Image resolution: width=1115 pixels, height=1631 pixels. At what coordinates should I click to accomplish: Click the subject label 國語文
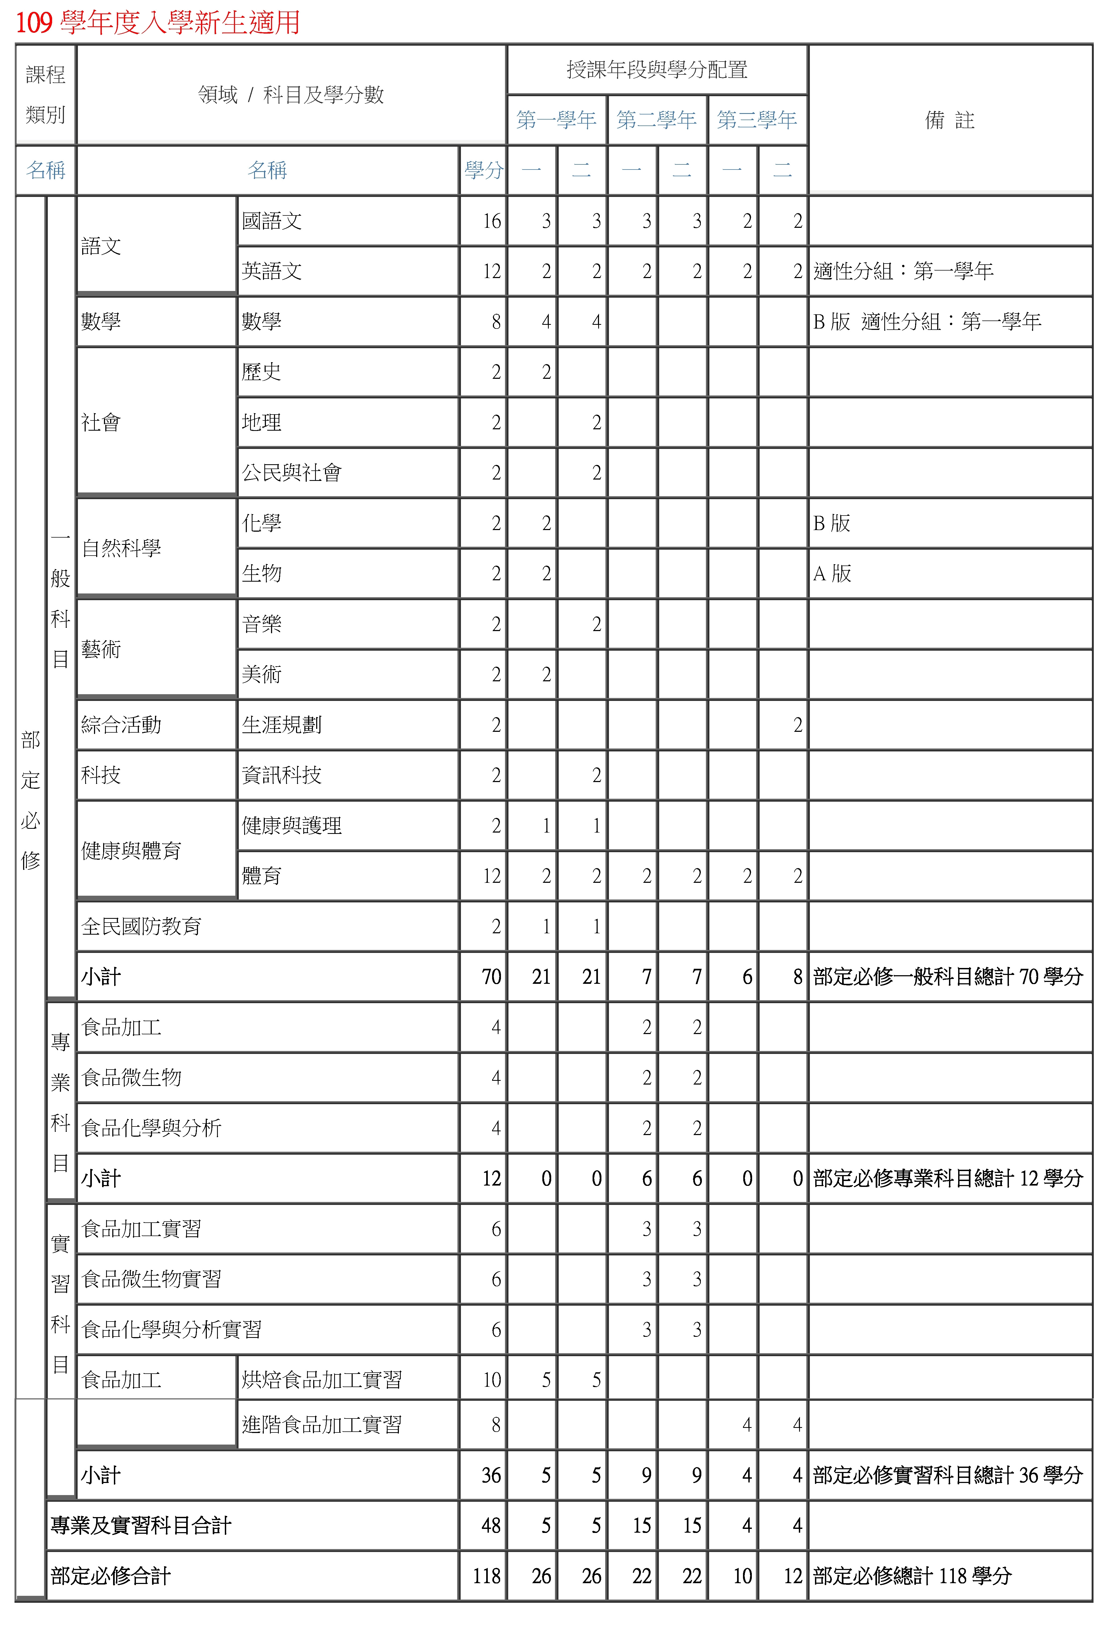[x=272, y=221]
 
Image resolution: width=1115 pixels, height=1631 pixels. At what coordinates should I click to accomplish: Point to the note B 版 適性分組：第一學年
[x=926, y=321]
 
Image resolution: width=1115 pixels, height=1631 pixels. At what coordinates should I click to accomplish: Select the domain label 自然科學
[x=121, y=548]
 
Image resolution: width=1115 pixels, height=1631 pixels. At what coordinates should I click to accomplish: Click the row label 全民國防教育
[x=142, y=926]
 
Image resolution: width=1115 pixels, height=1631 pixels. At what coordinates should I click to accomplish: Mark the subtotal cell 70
[x=491, y=977]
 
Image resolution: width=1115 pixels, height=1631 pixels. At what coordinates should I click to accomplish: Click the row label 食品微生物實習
[x=151, y=1279]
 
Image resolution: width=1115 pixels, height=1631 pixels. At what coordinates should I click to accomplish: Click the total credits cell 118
[x=486, y=1576]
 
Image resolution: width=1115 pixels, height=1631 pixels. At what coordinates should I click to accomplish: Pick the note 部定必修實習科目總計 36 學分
[x=947, y=1475]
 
